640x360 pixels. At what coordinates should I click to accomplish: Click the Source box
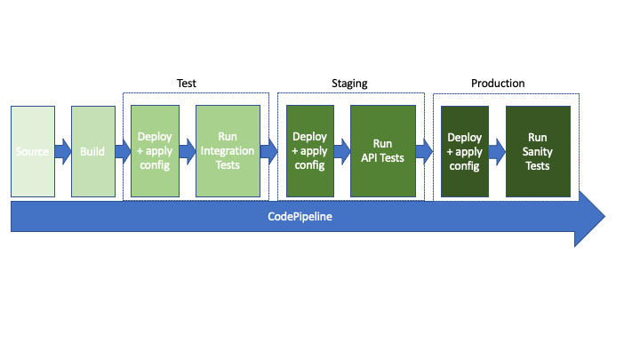33,151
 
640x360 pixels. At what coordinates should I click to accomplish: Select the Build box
93,151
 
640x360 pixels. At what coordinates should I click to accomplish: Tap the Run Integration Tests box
228,151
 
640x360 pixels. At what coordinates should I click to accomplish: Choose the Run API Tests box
383,151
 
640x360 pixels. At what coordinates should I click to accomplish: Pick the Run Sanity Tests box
538,151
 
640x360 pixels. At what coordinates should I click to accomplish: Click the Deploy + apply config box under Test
155,151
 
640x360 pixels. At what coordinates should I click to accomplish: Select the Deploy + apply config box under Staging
310,151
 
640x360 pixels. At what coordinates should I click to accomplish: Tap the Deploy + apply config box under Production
465,151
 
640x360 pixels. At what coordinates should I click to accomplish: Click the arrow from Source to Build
63,151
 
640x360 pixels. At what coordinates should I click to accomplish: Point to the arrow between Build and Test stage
123,151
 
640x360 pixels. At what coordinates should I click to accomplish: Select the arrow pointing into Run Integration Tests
188,151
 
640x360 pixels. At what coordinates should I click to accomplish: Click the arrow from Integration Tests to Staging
269,151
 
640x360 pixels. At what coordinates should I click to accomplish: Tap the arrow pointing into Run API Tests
342,151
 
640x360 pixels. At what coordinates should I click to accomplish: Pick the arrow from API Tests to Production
424,151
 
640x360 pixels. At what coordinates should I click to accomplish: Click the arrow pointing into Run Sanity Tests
497,152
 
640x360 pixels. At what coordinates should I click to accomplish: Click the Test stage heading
187,84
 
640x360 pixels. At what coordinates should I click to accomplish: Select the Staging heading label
349,84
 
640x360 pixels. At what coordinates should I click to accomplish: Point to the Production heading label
498,84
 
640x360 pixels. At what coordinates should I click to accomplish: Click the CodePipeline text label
300,216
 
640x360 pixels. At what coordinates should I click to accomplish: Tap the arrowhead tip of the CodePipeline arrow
605,216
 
